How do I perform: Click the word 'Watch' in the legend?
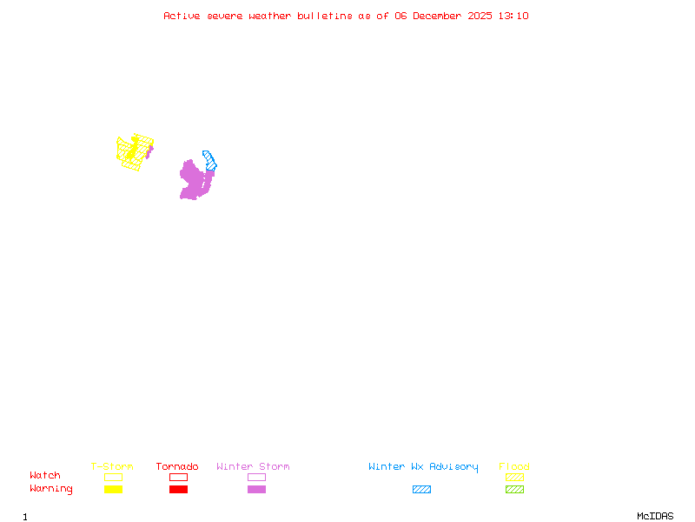tap(45, 476)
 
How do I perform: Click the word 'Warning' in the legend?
tap(51, 489)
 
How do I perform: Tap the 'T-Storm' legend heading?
tap(112, 467)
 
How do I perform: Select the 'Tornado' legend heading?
tap(177, 467)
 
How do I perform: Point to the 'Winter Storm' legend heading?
tap(253, 467)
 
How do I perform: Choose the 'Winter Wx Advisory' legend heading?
tap(423, 467)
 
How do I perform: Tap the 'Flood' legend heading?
tap(514, 467)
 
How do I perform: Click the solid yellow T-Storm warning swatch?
tap(113, 490)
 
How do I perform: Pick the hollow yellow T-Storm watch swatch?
tap(113, 477)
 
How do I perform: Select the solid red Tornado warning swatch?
tap(178, 490)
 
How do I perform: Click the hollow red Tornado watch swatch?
tap(178, 477)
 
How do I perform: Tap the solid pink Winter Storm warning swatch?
tap(256, 490)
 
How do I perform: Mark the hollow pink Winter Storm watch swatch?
tap(256, 477)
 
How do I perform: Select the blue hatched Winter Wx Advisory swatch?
tap(421, 490)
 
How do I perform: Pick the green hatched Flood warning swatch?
tap(514, 490)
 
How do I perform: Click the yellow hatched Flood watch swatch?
tap(514, 477)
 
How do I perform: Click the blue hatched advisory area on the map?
tap(209, 159)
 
